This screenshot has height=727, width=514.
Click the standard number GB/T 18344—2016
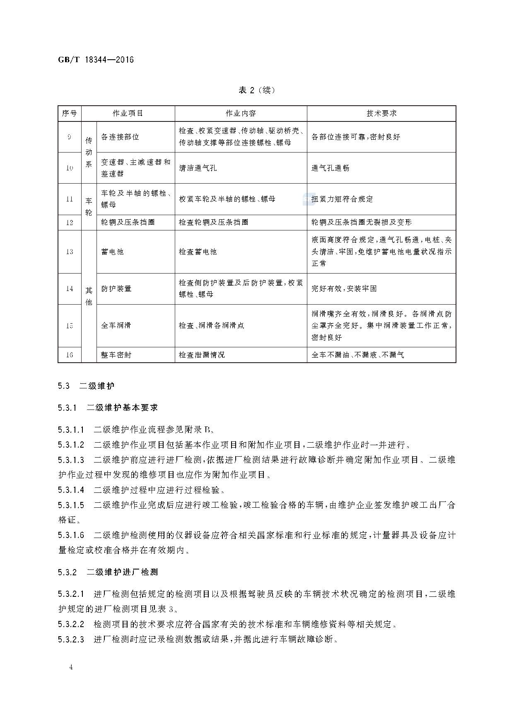[96, 60]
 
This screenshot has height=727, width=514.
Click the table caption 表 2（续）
[257, 90]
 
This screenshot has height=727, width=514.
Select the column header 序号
[70, 113]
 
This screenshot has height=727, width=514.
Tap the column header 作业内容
[241, 113]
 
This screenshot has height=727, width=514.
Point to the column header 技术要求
[381, 113]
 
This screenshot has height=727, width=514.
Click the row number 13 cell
[70, 252]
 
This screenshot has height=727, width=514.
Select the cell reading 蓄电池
[112, 252]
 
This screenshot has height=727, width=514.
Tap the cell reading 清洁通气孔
[198, 168]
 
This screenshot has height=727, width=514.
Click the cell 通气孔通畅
[330, 168]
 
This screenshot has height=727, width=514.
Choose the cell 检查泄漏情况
[201, 355]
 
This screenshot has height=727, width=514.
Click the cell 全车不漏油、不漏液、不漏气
[357, 355]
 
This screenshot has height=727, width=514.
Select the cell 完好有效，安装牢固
[344, 288]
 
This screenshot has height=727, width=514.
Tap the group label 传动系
[89, 152]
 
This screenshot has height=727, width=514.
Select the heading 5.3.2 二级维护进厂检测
[108, 572]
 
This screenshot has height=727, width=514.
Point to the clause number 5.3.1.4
[71, 490]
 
